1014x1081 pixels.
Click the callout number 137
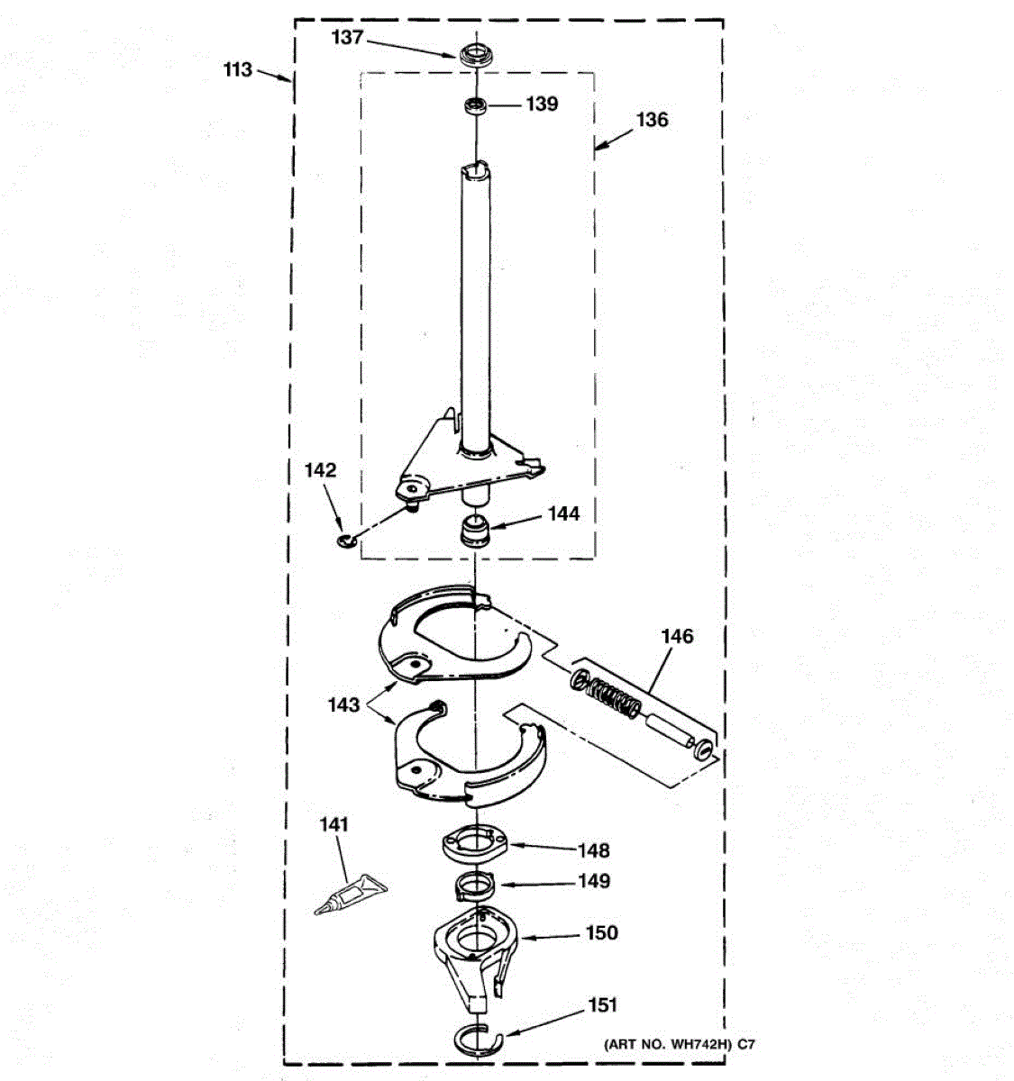click(348, 37)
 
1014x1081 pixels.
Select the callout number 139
click(542, 104)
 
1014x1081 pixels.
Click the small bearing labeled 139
click(474, 107)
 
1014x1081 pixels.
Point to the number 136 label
click(652, 120)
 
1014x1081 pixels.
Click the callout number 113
click(239, 69)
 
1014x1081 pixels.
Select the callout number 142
click(320, 470)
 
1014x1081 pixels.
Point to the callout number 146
click(677, 637)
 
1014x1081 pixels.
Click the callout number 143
click(344, 704)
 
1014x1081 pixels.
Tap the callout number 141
click(333, 824)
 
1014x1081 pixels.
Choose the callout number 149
click(593, 881)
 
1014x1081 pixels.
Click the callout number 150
click(602, 933)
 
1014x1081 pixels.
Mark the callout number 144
click(563, 514)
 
